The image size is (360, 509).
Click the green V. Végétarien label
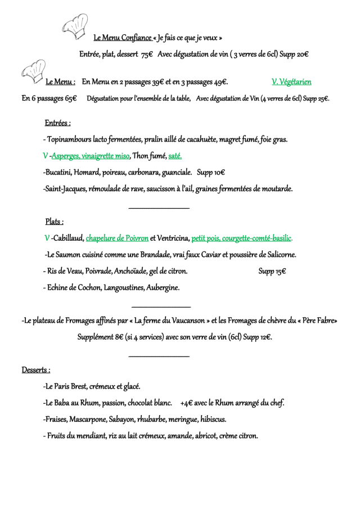click(x=291, y=82)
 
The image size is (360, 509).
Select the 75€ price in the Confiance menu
click(x=147, y=55)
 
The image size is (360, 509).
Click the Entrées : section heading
click(x=57, y=123)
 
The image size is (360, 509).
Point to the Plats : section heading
click(x=54, y=222)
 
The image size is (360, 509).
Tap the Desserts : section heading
click(x=36, y=370)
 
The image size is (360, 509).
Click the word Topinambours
click(x=70, y=139)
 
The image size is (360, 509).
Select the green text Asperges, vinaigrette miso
click(x=91, y=156)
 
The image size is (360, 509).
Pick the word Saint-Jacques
click(x=64, y=189)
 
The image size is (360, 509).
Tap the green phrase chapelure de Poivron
click(x=117, y=238)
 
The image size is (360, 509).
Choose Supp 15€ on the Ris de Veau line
click(x=272, y=272)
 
